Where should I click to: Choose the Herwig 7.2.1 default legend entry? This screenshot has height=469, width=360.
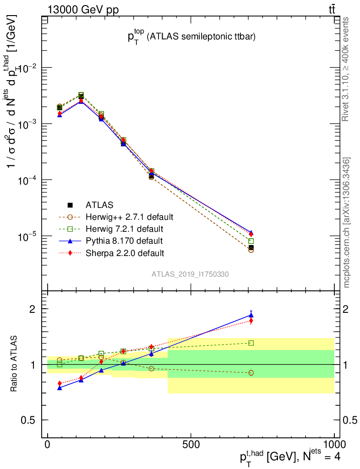pyautogui.click(x=124, y=229)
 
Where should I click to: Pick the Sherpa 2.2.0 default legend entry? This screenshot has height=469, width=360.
pyautogui.click(x=125, y=252)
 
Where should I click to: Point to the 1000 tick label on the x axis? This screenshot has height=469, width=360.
pyautogui.click(x=334, y=445)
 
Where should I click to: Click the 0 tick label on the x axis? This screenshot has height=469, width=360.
pyautogui.click(x=47, y=445)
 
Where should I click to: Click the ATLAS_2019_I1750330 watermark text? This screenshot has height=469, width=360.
pyautogui.click(x=190, y=274)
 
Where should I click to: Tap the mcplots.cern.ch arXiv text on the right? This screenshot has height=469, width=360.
pyautogui.click(x=347, y=223)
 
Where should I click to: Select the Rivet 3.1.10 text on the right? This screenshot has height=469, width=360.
pyautogui.click(x=347, y=70)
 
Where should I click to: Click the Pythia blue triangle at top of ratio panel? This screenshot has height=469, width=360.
pyautogui.click(x=251, y=315)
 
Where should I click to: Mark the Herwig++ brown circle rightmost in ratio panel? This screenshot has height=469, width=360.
pyautogui.click(x=251, y=373)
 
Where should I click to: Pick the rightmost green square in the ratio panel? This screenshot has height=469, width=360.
pyautogui.click(x=251, y=343)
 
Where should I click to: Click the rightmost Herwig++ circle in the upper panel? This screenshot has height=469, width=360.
pyautogui.click(x=251, y=250)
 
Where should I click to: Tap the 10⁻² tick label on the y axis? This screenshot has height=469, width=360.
pyautogui.click(x=27, y=68)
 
